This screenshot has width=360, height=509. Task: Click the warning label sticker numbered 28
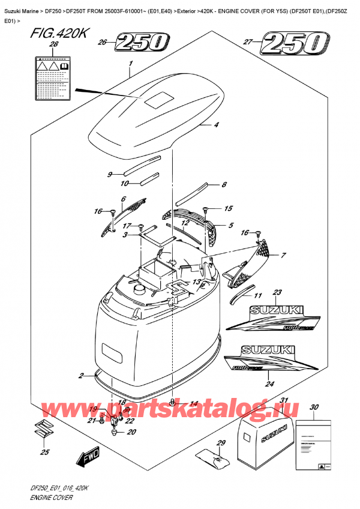pos(54,75)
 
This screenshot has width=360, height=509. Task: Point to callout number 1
pos(130,64)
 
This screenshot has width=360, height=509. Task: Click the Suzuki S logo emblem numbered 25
pos(43,430)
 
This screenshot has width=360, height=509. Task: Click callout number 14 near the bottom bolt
pos(194,403)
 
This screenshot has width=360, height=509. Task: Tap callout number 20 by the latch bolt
pos(131,432)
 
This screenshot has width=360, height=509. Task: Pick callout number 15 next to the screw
pos(228,208)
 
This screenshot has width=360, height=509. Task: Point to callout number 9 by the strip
pos(109,175)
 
